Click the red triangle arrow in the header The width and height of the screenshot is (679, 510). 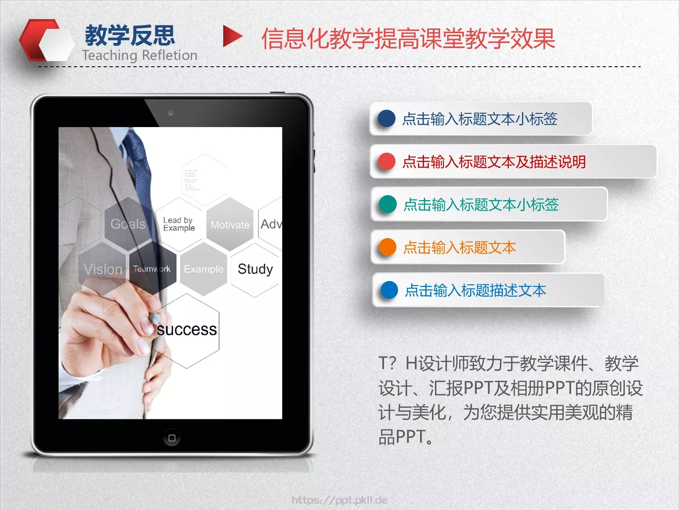tap(232, 37)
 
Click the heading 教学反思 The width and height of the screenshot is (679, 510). tap(130, 35)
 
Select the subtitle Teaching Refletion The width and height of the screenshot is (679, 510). tap(140, 55)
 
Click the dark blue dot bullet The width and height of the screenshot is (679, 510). tap(386, 119)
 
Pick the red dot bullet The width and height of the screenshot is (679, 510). tap(387, 162)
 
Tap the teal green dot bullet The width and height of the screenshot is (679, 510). tap(387, 204)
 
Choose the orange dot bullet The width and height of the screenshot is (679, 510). tap(387, 247)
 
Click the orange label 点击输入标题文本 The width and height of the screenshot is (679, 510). tap(460, 247)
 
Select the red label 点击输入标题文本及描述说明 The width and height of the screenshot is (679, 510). tap(494, 162)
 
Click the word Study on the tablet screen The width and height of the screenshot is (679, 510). tap(255, 269)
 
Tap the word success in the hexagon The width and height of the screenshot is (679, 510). tap(187, 330)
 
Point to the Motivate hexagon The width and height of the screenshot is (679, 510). tap(230, 225)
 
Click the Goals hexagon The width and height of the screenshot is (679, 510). tap(128, 224)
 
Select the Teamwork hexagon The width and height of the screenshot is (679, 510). tap(152, 269)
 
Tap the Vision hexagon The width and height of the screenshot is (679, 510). tap(103, 269)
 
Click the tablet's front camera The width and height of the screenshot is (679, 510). tap(171, 113)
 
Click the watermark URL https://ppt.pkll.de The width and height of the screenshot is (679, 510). tap(339, 500)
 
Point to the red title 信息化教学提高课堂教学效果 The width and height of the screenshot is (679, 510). tap(408, 39)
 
